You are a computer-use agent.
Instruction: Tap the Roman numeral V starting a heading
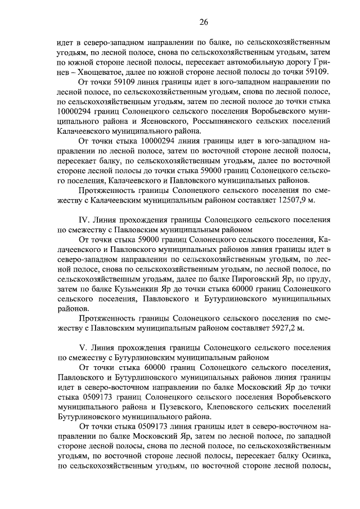[84, 348]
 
